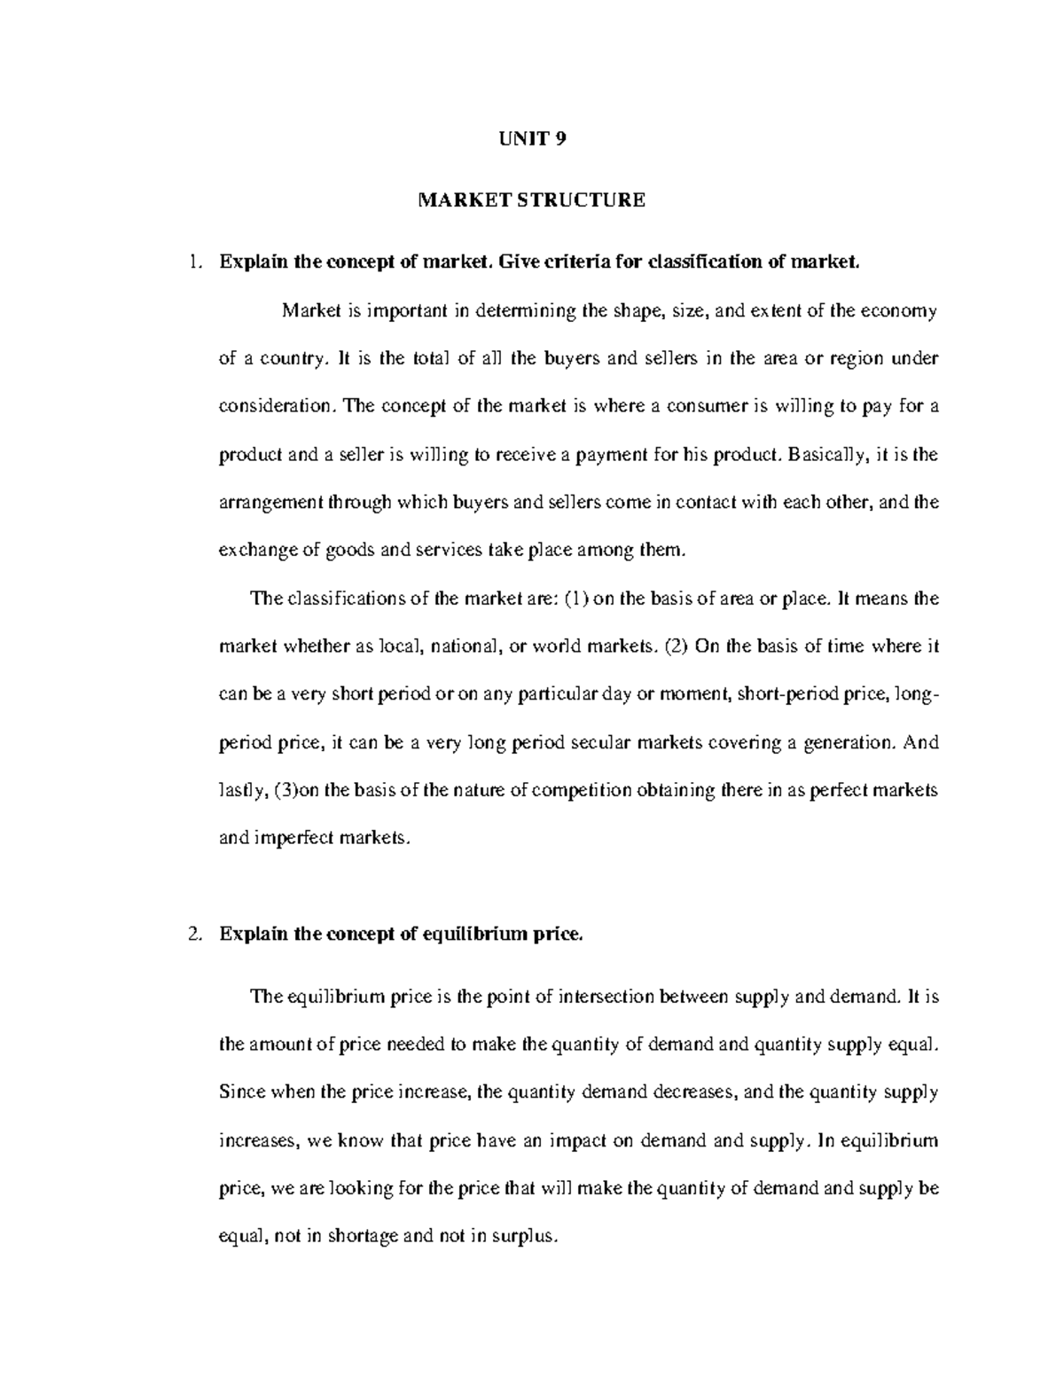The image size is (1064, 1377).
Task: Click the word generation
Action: (848, 742)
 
